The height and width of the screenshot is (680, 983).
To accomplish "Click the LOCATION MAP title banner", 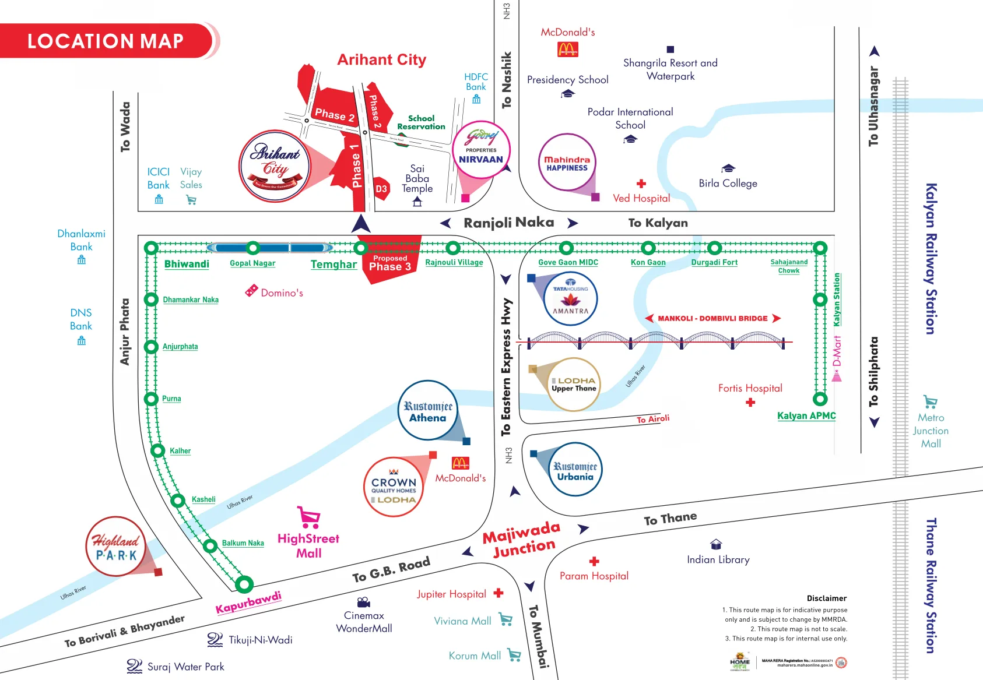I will click(x=106, y=41).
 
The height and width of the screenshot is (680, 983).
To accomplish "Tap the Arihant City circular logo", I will click(x=275, y=166).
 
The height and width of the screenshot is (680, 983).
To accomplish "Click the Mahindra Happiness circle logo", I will click(x=567, y=163).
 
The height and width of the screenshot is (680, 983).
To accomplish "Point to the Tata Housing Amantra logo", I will click(x=570, y=299).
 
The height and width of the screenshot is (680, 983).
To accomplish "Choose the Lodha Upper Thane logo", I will click(x=574, y=385).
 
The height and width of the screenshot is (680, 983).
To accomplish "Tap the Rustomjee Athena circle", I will click(x=427, y=411).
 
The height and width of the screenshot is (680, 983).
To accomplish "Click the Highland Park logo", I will click(x=116, y=547).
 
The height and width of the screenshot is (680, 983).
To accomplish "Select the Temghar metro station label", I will click(x=333, y=265).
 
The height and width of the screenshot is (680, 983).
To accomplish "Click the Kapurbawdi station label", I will click(x=248, y=603).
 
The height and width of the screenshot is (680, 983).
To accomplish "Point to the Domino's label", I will click(x=282, y=293).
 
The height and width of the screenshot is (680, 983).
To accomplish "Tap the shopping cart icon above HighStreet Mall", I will click(x=308, y=517).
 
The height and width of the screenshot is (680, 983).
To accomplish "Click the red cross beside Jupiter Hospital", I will click(x=498, y=593).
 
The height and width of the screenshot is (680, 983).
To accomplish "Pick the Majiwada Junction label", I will click(x=522, y=539).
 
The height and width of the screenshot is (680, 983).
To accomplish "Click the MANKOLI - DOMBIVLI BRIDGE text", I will click(x=712, y=318).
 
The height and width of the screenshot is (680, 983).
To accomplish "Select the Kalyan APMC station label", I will click(x=806, y=415).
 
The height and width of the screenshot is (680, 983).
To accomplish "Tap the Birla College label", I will click(x=728, y=183).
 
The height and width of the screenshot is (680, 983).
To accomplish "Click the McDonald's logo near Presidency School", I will click(x=568, y=50).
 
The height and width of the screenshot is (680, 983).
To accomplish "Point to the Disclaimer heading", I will click(x=826, y=598).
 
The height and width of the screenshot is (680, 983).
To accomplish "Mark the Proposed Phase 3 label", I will click(x=390, y=263).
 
